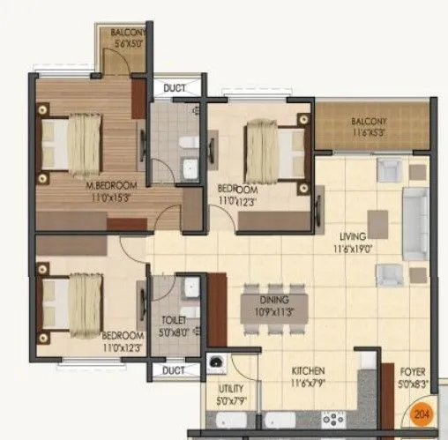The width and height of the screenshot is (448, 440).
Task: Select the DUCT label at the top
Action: [x=176, y=88]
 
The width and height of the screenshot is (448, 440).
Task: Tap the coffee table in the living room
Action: [x=378, y=223]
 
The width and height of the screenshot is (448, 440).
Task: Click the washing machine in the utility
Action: [x=216, y=362]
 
